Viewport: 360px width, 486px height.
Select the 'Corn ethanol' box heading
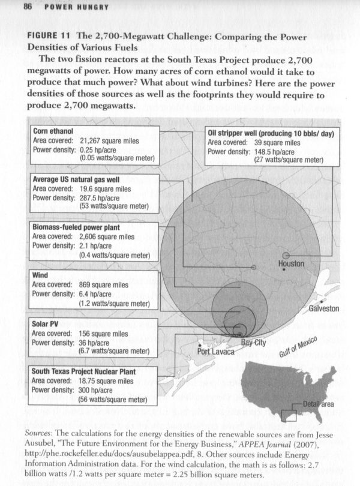(x=49, y=131)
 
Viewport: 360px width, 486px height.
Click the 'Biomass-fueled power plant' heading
(x=76, y=227)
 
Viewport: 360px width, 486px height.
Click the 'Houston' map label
(x=292, y=264)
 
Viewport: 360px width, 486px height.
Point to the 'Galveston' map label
(x=324, y=309)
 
